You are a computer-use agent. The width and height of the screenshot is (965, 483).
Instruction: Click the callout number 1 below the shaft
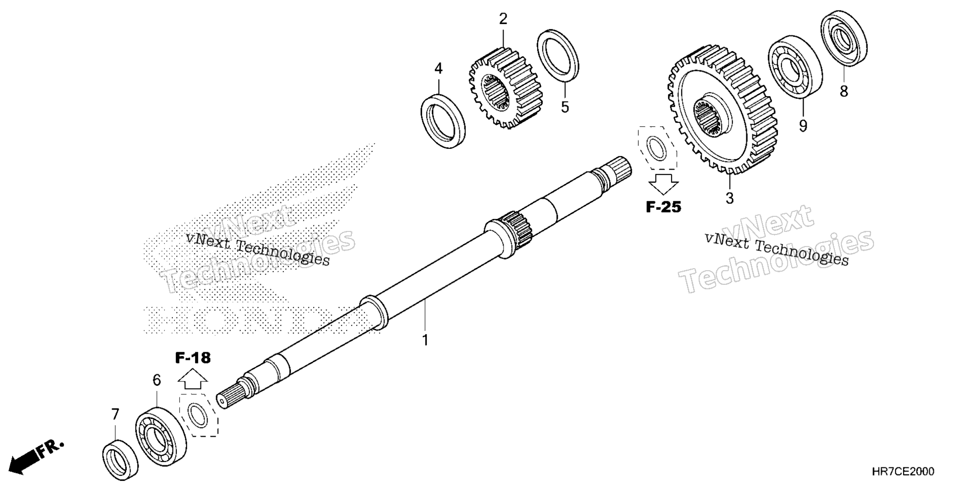pos(425,340)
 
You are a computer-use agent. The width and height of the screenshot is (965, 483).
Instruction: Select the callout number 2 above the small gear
pos(503,19)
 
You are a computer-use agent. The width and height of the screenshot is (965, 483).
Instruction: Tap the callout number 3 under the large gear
pos(729,198)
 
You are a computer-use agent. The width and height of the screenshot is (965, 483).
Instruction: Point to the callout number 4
pos(438,69)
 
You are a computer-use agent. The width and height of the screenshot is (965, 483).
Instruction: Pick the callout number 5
pos(565,107)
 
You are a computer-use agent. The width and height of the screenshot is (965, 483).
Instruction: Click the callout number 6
pos(157,380)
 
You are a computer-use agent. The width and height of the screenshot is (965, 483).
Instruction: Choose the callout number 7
pos(116,415)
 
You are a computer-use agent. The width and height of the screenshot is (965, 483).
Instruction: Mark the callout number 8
pos(844,91)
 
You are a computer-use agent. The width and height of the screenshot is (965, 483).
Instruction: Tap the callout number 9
pos(803,126)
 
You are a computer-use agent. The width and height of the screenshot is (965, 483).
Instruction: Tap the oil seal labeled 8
pos(844,38)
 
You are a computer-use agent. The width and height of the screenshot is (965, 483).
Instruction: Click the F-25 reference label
pos(663,207)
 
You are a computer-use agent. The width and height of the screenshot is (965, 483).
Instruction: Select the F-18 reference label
pos(193,358)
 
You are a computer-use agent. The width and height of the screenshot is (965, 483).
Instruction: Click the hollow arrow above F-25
pos(663,184)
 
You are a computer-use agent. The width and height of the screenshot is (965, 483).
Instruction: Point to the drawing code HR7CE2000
pos(904,471)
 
